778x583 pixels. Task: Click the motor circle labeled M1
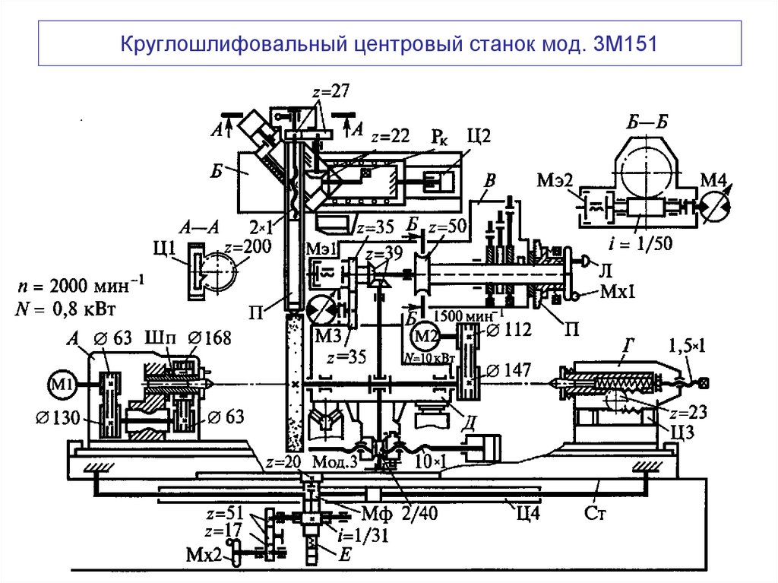[62, 383]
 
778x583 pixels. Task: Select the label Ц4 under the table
[526, 511]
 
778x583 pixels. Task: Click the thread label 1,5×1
[688, 346]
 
